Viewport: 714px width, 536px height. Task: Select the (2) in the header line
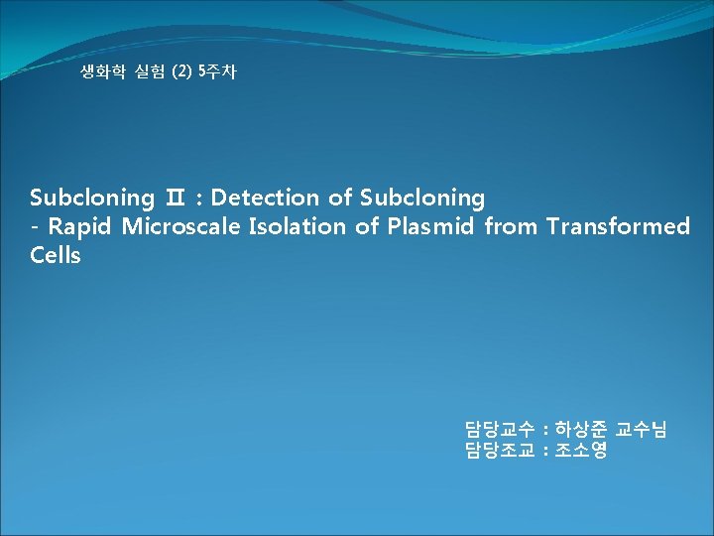point(182,72)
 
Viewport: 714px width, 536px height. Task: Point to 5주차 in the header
point(217,72)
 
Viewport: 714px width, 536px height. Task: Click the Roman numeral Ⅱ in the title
point(175,199)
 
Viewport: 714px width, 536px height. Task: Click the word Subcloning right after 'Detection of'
point(421,198)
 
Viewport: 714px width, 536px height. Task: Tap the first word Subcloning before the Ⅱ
point(91,198)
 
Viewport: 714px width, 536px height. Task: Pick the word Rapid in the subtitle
point(81,226)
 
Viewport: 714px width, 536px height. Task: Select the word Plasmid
point(429,226)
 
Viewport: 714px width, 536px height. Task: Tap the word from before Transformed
point(510,226)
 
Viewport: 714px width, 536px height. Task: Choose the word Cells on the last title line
point(56,255)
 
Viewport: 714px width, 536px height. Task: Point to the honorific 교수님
point(642,430)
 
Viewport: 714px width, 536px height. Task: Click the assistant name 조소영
point(581,451)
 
